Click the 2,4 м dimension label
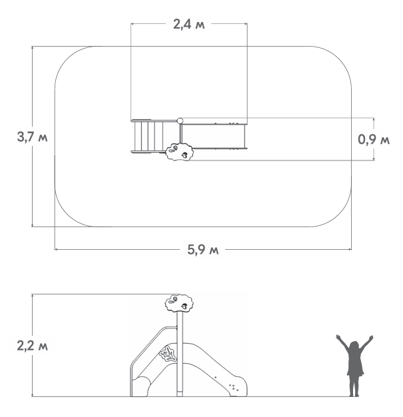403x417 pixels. coord(189,25)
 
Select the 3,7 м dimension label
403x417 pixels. coord(32,137)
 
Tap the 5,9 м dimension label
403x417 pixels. coord(203,250)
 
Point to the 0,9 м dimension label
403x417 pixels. coord(374,139)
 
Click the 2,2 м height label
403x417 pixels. coord(32,346)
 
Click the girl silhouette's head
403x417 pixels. coord(354,346)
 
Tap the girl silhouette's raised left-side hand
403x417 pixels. coord(338,337)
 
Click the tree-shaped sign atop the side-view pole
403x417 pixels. coord(179,303)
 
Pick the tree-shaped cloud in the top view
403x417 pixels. coord(179,152)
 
